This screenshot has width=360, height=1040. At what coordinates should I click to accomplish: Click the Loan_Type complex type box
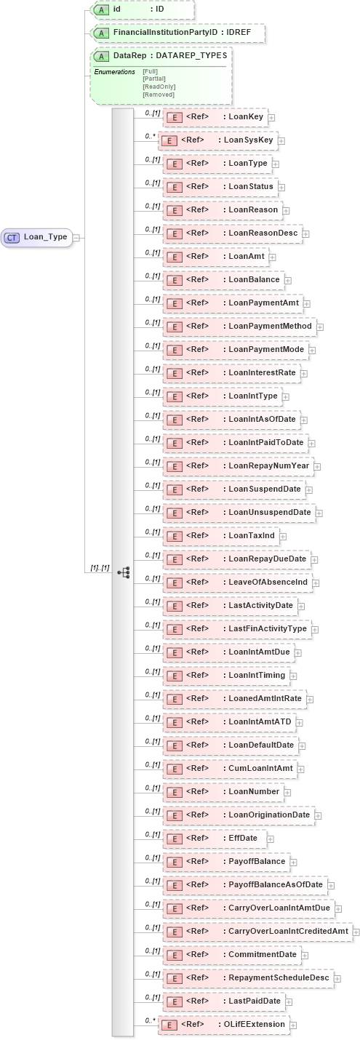[x=37, y=237]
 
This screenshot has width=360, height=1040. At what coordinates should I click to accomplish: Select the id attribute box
[x=142, y=9]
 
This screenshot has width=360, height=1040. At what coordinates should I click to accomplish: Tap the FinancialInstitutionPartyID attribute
[x=175, y=33]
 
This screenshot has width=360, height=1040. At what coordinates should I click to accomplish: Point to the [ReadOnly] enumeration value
[x=159, y=87]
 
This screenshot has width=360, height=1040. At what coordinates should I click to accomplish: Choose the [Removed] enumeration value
[x=158, y=95]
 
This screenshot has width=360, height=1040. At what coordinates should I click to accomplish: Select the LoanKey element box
[x=214, y=116]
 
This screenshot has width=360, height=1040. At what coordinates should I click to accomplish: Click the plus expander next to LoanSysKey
[x=281, y=140]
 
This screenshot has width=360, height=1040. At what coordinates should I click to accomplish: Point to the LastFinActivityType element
[x=236, y=629]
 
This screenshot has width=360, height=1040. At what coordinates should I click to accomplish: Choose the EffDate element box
[x=213, y=839]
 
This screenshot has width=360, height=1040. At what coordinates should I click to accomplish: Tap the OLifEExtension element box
[x=223, y=1025]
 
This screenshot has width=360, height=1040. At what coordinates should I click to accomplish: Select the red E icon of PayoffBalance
[x=175, y=862]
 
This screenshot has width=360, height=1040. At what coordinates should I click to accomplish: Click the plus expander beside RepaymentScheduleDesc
[x=337, y=978]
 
